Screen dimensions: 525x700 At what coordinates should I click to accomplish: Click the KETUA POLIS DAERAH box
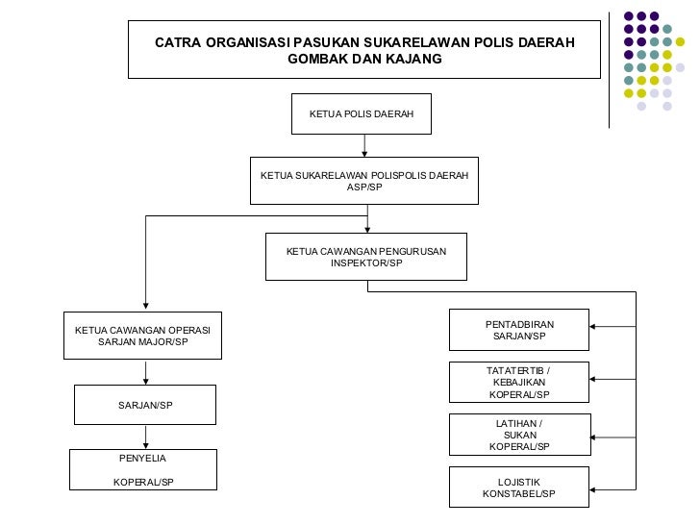tap(362, 113)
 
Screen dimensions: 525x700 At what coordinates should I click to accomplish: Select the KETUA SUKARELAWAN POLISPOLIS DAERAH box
tap(364, 180)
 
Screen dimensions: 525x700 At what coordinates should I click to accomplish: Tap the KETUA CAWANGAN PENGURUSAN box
tap(365, 256)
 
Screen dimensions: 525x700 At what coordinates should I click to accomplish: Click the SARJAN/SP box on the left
tap(145, 405)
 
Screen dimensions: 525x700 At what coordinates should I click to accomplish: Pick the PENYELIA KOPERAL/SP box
tap(142, 470)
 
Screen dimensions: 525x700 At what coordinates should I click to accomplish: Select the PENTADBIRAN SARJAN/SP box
tap(519, 330)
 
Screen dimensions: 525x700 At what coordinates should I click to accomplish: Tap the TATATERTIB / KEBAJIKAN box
tap(519, 382)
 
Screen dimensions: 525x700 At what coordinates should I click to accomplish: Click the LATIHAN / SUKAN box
tap(519, 435)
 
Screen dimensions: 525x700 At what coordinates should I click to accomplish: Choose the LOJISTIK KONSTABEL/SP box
tap(519, 487)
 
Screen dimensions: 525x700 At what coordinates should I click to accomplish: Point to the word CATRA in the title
tap(178, 43)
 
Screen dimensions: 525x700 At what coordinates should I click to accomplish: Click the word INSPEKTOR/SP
tap(366, 262)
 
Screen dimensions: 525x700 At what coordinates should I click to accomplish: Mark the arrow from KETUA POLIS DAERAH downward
tap(364, 145)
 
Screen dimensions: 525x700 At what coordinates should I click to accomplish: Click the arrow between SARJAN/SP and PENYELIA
tap(145, 437)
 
